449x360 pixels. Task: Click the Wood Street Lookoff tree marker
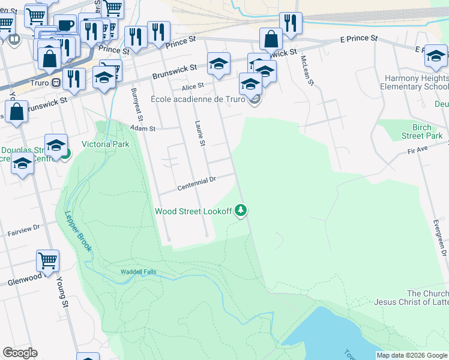tap(241, 210)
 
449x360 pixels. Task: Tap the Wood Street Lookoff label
tap(193, 211)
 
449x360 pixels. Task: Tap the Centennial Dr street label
tap(196, 184)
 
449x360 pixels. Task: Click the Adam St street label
tap(143, 128)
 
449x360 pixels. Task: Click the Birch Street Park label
tap(418, 131)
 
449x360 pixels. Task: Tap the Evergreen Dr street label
tap(441, 237)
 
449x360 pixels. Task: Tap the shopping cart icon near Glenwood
tap(47, 261)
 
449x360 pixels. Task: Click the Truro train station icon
tap(56, 83)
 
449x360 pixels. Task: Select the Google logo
tap(20, 353)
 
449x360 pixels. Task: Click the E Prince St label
tap(358, 39)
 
